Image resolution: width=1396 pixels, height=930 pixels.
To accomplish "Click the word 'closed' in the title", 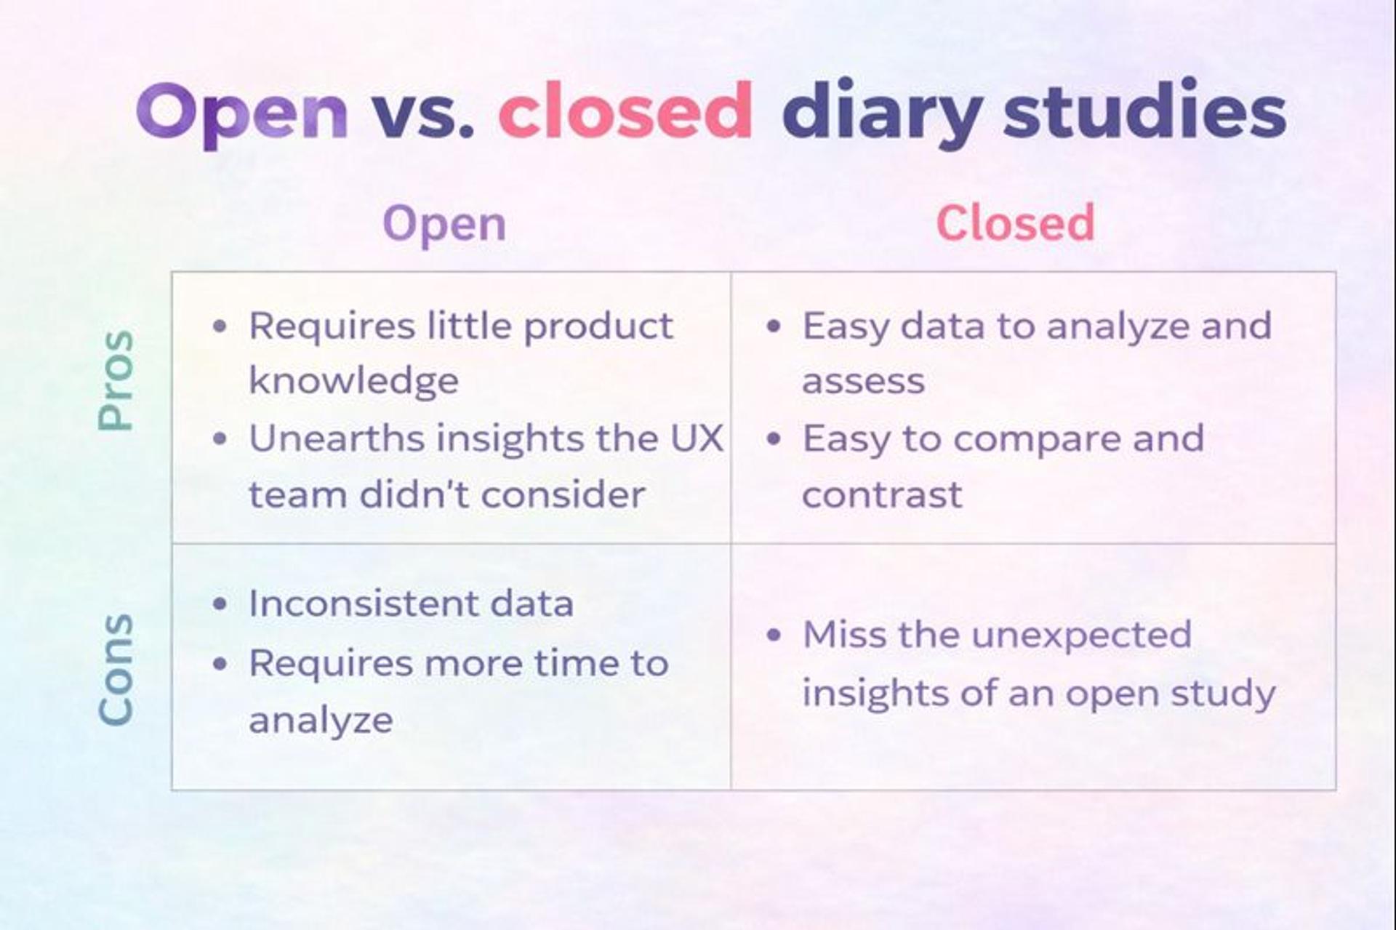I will [x=625, y=111].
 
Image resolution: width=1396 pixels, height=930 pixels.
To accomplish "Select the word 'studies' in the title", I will [x=1144, y=111].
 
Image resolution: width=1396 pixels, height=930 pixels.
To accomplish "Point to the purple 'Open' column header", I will [x=444, y=225].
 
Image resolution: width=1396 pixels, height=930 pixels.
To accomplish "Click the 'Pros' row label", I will [x=116, y=380].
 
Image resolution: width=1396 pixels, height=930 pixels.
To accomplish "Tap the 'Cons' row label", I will [x=116, y=669].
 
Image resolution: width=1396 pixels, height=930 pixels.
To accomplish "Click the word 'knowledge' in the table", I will [x=353, y=381].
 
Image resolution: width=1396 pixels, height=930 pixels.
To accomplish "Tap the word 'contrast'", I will [x=882, y=495].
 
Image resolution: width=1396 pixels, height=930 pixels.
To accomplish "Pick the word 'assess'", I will [x=863, y=381].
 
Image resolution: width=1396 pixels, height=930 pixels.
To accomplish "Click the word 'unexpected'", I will [x=1081, y=635].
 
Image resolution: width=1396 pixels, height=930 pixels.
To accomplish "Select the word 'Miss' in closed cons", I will [x=844, y=635].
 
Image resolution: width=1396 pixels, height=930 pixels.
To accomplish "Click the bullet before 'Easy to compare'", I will [x=774, y=439].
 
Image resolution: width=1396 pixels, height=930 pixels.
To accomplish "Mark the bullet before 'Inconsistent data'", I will [x=220, y=604].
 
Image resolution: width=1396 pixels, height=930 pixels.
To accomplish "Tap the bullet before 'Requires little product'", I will [x=220, y=326].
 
